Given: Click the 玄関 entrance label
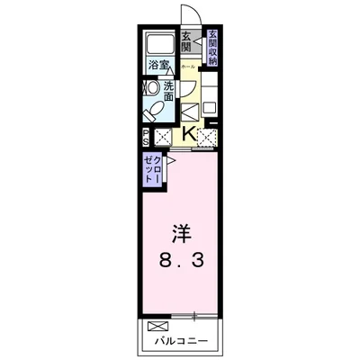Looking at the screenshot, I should point(186,42).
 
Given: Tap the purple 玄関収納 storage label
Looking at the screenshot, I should point(211,49).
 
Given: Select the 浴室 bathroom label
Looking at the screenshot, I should point(158,66).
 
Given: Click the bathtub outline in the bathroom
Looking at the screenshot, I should point(159,42).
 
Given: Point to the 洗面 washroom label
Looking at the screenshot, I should point(167,92).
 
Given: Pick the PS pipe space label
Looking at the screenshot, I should point(146,139).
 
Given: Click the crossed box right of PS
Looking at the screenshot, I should point(163,138).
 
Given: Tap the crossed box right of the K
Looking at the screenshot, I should point(208,137).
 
